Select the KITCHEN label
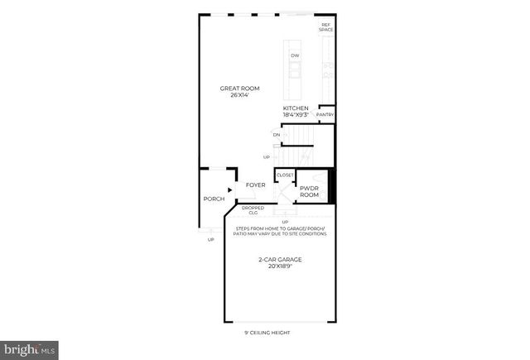coord(296,108)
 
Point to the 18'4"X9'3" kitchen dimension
coord(296,115)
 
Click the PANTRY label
coord(325,114)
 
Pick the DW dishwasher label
coord(294,55)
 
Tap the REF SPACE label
coord(326,27)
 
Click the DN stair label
coord(276,134)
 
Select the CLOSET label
coord(284,175)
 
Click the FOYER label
coord(256,185)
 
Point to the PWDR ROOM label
coord(310,192)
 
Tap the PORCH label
coord(214,199)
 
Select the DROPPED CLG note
coord(253,210)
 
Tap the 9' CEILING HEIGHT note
coord(267,333)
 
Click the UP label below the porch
coord(210,240)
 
